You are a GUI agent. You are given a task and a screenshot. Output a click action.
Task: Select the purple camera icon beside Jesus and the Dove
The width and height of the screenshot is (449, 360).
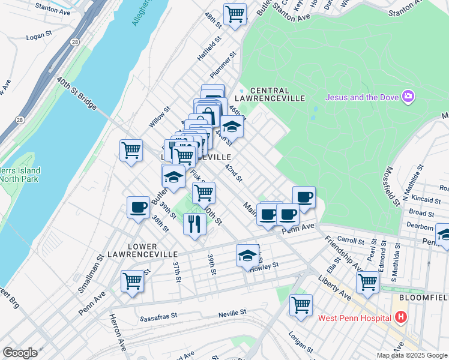(x=409, y=97)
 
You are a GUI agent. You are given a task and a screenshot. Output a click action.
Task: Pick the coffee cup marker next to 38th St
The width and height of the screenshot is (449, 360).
(x=139, y=208)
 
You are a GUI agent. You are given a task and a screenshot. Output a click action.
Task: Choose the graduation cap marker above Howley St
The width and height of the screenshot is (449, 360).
(x=247, y=256)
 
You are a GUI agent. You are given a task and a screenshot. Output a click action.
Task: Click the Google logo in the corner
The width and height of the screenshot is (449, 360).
(x=20, y=353)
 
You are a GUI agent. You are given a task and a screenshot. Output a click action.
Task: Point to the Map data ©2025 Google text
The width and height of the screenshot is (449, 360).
(x=412, y=355)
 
